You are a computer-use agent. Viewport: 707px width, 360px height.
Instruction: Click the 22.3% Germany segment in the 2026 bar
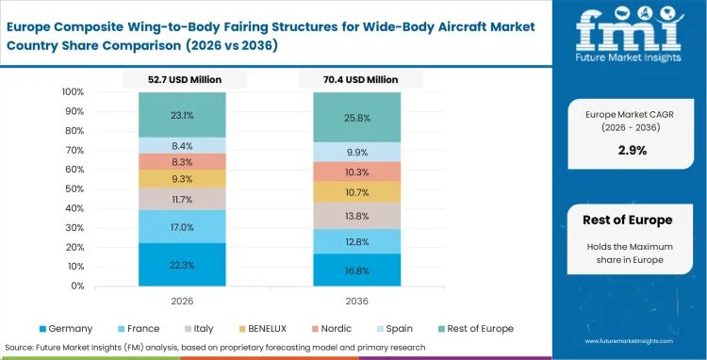181,265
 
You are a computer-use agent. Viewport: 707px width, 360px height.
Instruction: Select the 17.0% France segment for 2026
181,227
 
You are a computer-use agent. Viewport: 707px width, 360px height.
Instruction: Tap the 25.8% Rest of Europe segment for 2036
356,118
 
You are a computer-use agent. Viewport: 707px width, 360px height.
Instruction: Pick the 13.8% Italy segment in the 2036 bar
356,216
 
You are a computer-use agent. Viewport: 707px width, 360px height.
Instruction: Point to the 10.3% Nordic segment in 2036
356,172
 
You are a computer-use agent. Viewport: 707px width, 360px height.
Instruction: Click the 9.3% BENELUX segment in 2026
181,178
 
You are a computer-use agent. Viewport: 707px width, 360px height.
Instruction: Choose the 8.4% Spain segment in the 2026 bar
181,145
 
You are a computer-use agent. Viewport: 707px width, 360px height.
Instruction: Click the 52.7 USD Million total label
181,80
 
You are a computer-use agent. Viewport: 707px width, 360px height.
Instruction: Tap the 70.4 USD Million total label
356,80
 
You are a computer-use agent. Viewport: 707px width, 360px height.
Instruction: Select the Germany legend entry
67,328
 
